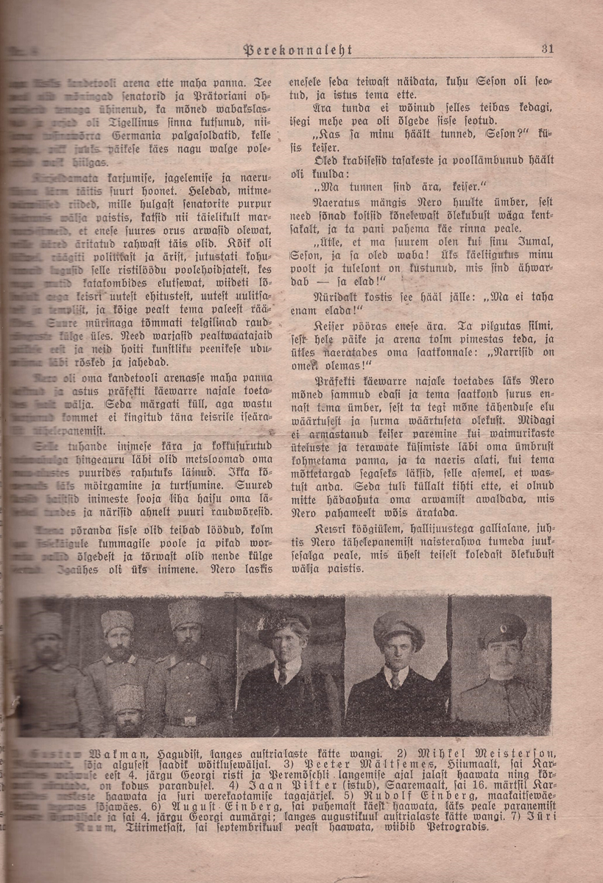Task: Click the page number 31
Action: point(546,49)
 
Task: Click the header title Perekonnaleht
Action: point(298,49)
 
